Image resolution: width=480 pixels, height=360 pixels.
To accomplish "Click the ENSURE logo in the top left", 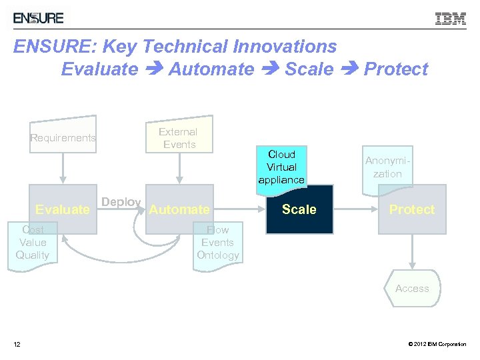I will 39,17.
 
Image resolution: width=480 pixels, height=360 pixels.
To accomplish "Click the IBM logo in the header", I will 451,19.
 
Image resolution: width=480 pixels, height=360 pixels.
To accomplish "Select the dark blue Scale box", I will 299,209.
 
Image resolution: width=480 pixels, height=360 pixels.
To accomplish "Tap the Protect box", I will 412,209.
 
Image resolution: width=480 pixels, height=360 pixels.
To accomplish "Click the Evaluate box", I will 63,209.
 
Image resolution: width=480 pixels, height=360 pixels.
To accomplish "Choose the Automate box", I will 179,209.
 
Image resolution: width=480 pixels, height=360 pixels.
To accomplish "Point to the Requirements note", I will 63,138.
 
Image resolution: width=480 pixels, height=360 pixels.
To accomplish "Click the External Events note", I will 179,138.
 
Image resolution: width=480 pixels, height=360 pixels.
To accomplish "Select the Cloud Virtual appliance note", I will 282,167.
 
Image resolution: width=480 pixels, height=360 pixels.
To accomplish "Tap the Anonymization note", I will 387,167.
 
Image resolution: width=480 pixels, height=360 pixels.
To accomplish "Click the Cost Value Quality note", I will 33,243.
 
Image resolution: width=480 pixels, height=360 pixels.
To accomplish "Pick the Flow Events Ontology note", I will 217,243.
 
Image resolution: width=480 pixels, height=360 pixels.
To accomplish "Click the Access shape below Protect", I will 412,289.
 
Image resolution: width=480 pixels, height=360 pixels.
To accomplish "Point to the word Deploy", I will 121,202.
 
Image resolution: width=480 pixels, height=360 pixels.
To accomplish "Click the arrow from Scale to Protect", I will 355,209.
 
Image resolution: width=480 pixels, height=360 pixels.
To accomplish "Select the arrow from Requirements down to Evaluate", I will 63,170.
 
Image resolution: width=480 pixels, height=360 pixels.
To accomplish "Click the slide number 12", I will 17,344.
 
